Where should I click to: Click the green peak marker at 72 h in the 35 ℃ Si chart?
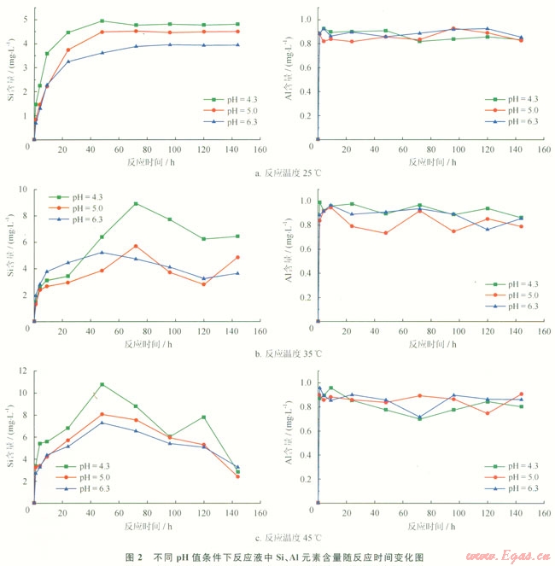(x=136, y=203)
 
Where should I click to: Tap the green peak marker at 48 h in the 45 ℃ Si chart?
(x=102, y=384)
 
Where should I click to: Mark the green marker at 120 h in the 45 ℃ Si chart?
(x=202, y=417)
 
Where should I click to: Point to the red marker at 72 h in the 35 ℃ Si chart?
(x=136, y=246)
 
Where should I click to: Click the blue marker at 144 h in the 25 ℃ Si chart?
(x=237, y=44)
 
